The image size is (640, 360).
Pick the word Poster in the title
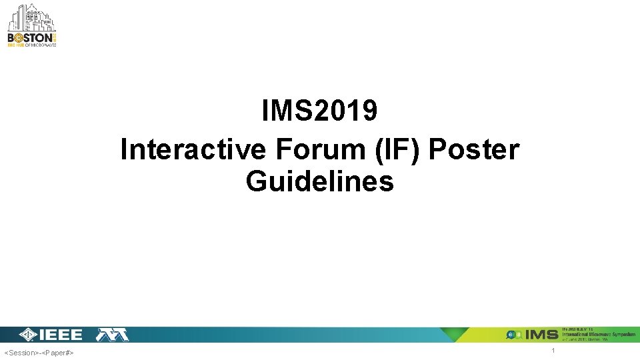click(x=473, y=149)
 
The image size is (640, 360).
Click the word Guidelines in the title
click(x=319, y=181)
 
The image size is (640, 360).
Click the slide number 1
click(x=553, y=351)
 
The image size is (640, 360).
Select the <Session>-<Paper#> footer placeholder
click(x=39, y=352)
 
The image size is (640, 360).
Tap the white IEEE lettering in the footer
click(x=61, y=335)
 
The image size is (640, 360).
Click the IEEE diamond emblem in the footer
click(x=28, y=335)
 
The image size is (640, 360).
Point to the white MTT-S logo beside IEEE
click(x=113, y=335)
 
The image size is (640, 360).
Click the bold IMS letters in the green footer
click(x=542, y=335)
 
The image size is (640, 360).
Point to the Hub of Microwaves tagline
click(x=32, y=47)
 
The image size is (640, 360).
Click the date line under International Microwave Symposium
click(x=587, y=339)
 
